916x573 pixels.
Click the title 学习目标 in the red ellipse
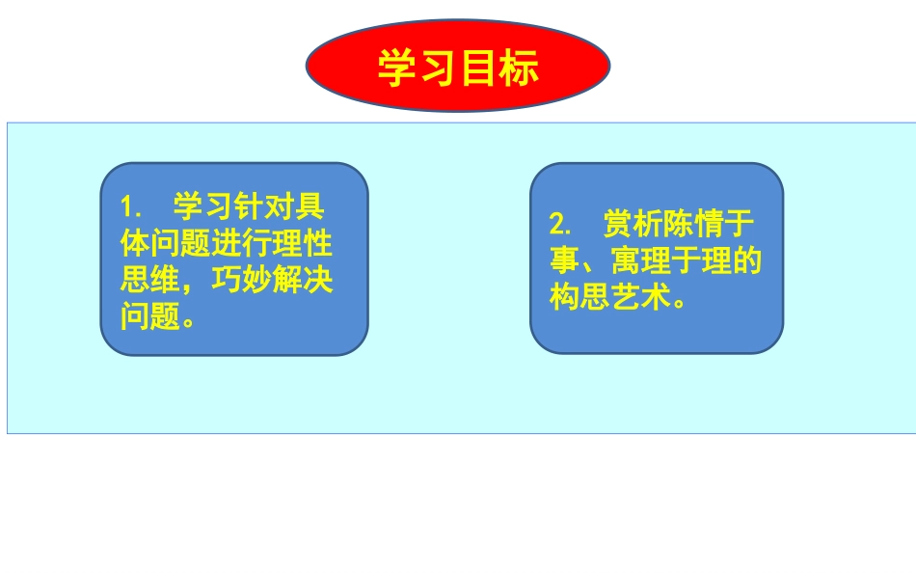pos(457,68)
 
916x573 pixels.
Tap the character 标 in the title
pos(521,68)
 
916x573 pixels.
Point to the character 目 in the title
pos(479,68)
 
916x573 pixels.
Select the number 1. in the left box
pos(132,206)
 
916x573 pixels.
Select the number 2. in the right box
pos(561,225)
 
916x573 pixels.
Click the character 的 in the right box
pos(748,261)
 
